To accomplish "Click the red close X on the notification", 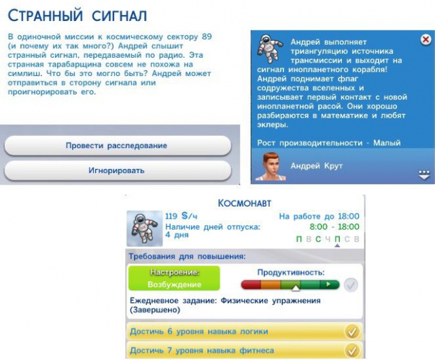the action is pyautogui.click(x=425, y=39).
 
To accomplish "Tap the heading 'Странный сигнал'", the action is pyautogui.click(x=77, y=16).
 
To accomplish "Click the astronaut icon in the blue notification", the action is pyautogui.click(x=270, y=48).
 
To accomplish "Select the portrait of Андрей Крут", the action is pyautogui.click(x=271, y=166).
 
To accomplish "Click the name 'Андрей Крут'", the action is pyautogui.click(x=317, y=166).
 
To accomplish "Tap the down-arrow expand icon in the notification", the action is pyautogui.click(x=424, y=175).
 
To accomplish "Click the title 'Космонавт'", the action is pyautogui.click(x=245, y=203).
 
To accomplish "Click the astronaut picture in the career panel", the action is pyautogui.click(x=145, y=228).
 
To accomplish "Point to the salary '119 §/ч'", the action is pyautogui.click(x=181, y=216).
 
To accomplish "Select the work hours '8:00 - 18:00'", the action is pyautogui.click(x=334, y=227).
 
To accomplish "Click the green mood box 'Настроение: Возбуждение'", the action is pyautogui.click(x=174, y=278).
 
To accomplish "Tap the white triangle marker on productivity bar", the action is pyautogui.click(x=296, y=289).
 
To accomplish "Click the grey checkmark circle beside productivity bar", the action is pyautogui.click(x=351, y=285).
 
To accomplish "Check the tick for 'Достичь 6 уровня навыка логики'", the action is pyautogui.click(x=352, y=331).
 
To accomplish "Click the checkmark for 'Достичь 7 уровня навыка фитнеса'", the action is pyautogui.click(x=352, y=350).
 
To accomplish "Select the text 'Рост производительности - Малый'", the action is pyautogui.click(x=329, y=143).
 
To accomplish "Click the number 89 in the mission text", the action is pyautogui.click(x=207, y=37).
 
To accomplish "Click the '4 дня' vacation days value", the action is pyautogui.click(x=177, y=235).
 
